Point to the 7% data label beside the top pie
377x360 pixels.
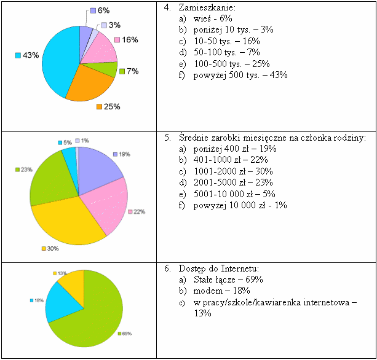(x=132, y=71)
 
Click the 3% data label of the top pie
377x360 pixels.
(x=114, y=25)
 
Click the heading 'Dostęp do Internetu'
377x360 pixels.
(x=218, y=268)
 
